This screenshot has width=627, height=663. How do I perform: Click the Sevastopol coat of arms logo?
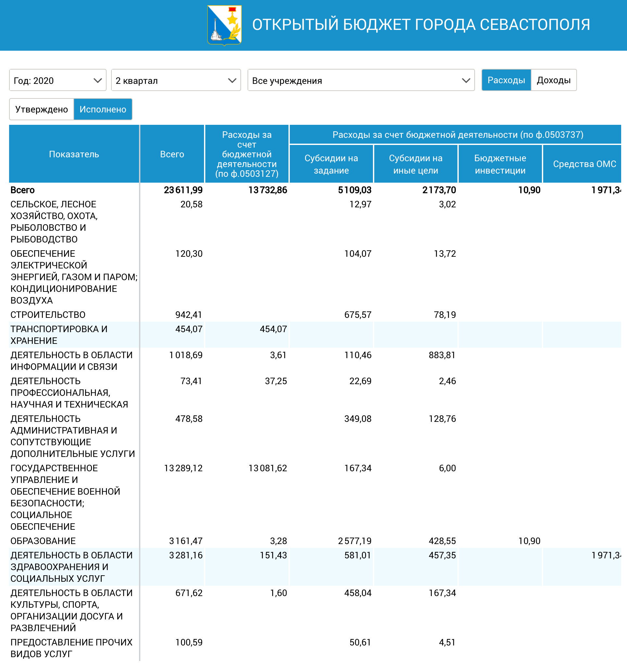(x=224, y=25)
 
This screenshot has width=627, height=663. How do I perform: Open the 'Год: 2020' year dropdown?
(x=58, y=80)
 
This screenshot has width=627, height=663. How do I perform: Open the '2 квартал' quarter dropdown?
(x=176, y=80)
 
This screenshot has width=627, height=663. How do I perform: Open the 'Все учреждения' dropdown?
(x=361, y=80)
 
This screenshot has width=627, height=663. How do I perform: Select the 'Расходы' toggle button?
(x=506, y=80)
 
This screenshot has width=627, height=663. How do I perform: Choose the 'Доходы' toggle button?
(x=554, y=80)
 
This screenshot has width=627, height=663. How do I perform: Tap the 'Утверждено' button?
(x=42, y=109)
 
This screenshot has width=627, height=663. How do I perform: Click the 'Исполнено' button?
(x=103, y=109)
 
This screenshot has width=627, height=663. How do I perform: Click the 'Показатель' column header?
(x=74, y=154)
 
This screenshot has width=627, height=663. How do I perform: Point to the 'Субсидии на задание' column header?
(x=331, y=164)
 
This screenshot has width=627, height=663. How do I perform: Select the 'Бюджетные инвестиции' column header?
(x=500, y=164)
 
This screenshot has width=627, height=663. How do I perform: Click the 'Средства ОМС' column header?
(x=584, y=164)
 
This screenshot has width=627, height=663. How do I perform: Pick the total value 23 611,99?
(x=183, y=190)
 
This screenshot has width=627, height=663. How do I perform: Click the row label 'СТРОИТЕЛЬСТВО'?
(x=48, y=315)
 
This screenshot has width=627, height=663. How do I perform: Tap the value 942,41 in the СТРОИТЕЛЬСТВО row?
(x=189, y=315)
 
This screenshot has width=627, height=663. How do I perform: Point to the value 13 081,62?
(x=268, y=468)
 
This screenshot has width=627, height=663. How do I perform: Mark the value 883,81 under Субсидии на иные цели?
(x=442, y=355)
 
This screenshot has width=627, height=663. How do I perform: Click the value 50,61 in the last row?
(x=360, y=642)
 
